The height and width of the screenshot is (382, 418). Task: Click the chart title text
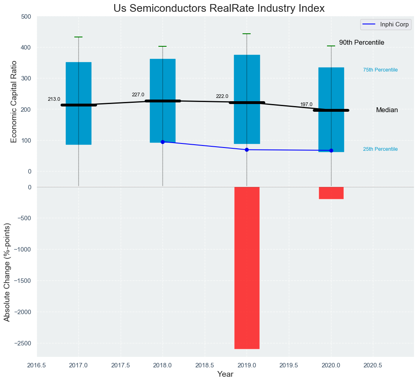219,8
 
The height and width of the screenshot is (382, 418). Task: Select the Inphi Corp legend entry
386,24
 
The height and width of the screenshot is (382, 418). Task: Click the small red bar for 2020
331,193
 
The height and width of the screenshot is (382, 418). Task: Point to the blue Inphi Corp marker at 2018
162,142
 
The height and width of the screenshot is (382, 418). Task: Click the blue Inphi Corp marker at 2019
247,150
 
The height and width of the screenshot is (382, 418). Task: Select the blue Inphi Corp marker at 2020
331,150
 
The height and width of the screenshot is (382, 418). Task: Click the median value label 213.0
54,99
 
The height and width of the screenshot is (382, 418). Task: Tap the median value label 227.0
138,95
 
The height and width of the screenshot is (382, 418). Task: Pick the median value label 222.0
222,96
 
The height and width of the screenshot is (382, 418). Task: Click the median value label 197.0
306,104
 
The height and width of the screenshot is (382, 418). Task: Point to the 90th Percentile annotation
362,43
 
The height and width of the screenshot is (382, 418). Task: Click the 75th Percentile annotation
380,70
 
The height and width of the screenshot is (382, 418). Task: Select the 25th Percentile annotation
380,149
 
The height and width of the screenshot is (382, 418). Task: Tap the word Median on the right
387,110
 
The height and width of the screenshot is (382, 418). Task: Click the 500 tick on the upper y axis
26,17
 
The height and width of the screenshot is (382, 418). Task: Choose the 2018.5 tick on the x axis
205,365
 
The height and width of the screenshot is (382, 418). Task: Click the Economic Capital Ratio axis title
14,102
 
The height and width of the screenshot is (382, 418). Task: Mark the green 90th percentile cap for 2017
78,37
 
